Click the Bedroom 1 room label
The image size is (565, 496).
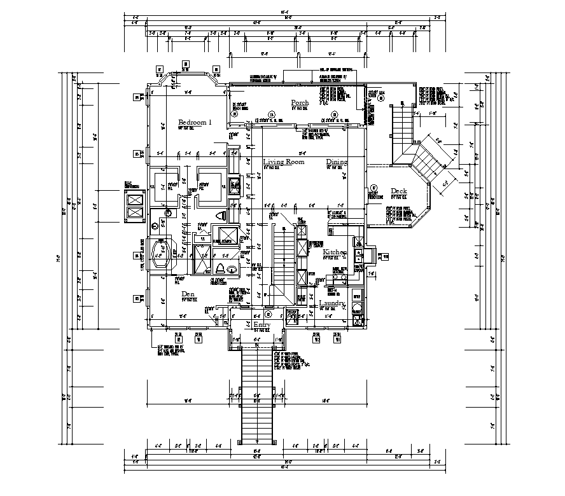[x=195, y=122]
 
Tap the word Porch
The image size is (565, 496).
[x=300, y=103]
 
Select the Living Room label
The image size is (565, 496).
[x=284, y=162]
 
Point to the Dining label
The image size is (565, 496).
[x=337, y=162]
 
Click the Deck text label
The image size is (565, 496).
[x=399, y=191]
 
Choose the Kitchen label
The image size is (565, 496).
[x=334, y=253]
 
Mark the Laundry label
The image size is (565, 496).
[x=332, y=304]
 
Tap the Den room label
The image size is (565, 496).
[x=188, y=294]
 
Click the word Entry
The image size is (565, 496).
[x=262, y=325]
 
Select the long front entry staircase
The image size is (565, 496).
[x=258, y=394]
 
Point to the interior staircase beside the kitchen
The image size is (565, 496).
[x=284, y=261]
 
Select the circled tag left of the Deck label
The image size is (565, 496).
[x=374, y=188]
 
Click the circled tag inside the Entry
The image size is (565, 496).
[x=268, y=314]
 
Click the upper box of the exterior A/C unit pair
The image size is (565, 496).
[x=136, y=200]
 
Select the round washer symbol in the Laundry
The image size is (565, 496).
[x=357, y=310]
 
